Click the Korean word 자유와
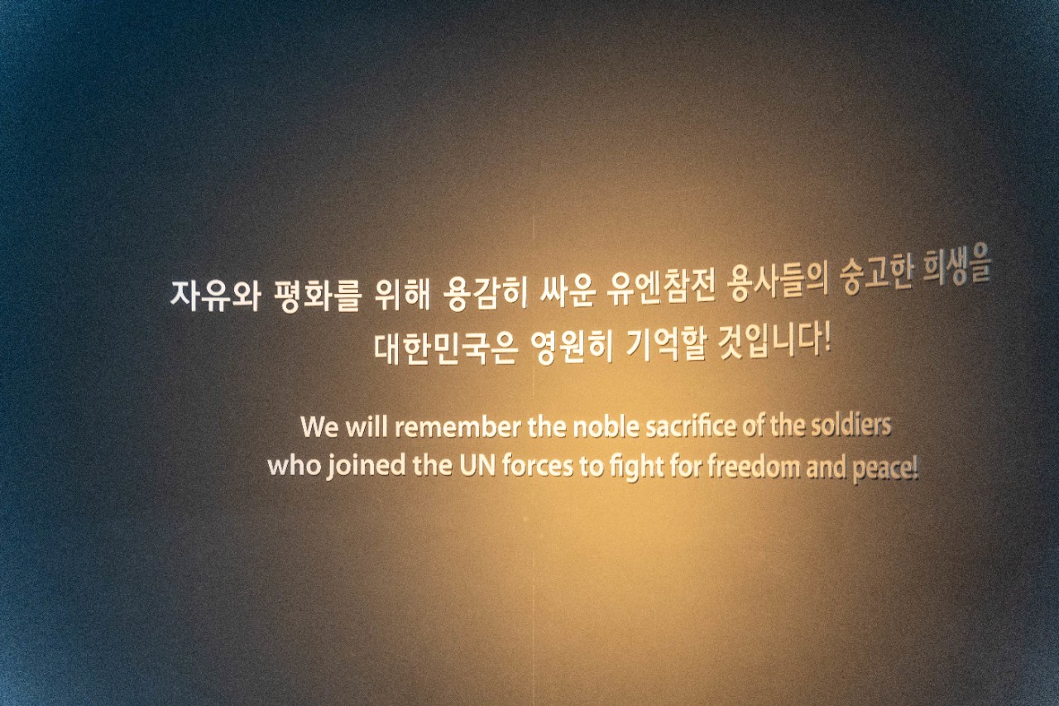(215, 296)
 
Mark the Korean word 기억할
(666, 345)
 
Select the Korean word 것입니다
(769, 342)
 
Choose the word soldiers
(851, 425)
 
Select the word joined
(367, 466)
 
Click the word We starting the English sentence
(319, 427)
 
